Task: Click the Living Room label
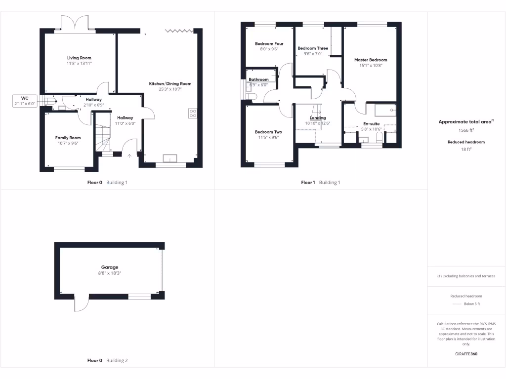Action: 79,58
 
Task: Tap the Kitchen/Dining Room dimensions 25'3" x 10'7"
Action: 170,89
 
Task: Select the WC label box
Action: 25,101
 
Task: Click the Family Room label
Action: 68,138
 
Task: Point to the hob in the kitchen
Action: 193,114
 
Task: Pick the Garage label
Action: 110,267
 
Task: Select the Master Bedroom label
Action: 370,60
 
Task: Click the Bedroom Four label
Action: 269,43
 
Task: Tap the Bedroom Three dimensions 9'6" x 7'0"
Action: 312,54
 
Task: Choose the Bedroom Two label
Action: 268,132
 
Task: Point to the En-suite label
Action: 371,123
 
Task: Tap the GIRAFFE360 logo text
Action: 466,354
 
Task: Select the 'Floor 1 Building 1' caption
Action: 320,183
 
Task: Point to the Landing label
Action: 318,118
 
